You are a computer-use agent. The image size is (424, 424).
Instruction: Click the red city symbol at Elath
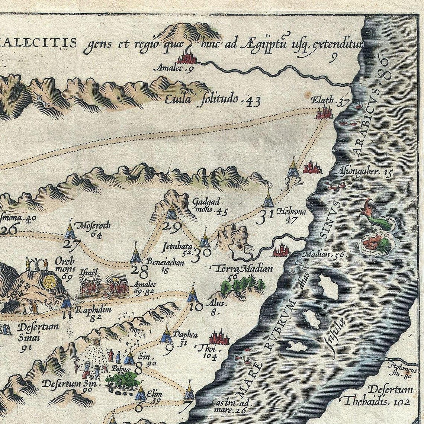(324, 112)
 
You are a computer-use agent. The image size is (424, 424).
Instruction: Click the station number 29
(172, 226)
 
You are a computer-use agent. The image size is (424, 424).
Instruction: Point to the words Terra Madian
(241, 269)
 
